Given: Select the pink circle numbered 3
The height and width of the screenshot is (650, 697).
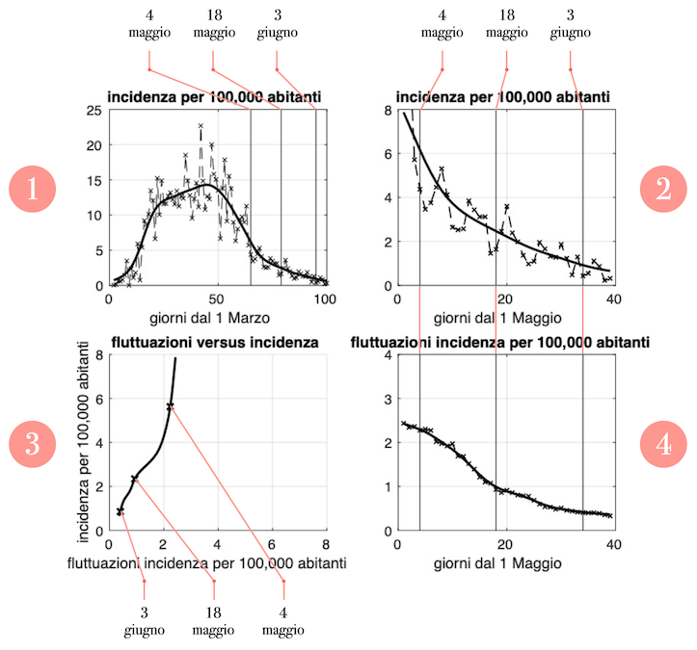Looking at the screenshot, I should pyautogui.click(x=33, y=445).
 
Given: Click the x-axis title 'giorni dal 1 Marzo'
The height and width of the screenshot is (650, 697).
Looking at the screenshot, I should pyautogui.click(x=216, y=318).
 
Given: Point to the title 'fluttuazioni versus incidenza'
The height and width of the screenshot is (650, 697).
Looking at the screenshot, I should pyautogui.click(x=214, y=342).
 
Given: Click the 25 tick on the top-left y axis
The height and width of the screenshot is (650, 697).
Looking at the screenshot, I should pyautogui.click(x=94, y=112).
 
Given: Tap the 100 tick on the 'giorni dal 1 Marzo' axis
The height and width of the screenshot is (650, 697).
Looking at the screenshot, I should pyautogui.click(x=326, y=299).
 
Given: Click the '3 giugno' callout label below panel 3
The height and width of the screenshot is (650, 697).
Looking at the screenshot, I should pyautogui.click(x=144, y=622).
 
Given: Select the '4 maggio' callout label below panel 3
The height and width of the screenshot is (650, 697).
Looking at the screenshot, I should pyautogui.click(x=284, y=622).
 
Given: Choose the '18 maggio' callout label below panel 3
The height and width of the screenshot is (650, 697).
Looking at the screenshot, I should pyautogui.click(x=214, y=622).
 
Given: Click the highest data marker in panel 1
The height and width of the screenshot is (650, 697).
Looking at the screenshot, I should pyautogui.click(x=201, y=126).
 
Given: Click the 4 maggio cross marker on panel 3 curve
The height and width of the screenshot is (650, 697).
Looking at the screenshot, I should pyautogui.click(x=171, y=406).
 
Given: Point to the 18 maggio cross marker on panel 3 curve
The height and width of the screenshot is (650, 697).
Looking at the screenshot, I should pyautogui.click(x=134, y=479).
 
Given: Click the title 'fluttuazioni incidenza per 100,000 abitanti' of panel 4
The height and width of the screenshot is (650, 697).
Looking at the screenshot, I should pyautogui.click(x=498, y=342).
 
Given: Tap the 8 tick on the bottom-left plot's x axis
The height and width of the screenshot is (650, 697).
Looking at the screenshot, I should pyautogui.click(x=326, y=545).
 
